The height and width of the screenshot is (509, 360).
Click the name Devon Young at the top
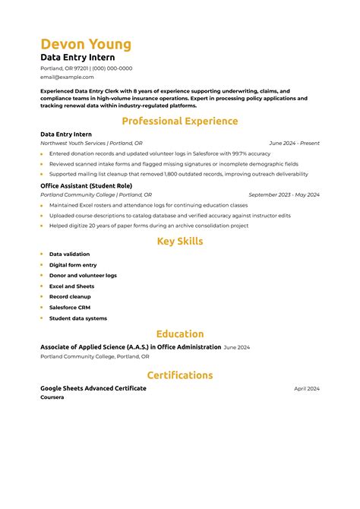point(86,43)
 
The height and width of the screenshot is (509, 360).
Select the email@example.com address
point(67,77)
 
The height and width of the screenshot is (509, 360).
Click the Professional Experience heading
point(180,121)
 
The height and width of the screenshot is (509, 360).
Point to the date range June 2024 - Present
point(294,143)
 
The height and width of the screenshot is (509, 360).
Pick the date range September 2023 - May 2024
point(284,194)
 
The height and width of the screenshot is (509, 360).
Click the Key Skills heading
point(180,242)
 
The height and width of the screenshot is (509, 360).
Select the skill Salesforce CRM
point(70,308)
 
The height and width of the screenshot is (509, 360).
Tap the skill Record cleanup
point(70,297)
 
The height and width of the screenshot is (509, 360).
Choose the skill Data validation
point(69,254)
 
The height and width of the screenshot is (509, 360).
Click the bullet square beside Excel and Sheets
point(43,286)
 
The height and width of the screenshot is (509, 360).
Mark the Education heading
point(180,334)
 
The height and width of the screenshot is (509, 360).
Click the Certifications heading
point(180,375)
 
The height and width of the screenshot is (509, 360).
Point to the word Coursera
point(52,397)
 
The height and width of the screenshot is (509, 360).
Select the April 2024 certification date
point(307,388)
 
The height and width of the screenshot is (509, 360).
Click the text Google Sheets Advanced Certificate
point(93,388)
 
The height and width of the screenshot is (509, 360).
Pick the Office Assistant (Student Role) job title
point(85,185)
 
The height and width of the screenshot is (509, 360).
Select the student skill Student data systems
point(78,318)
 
